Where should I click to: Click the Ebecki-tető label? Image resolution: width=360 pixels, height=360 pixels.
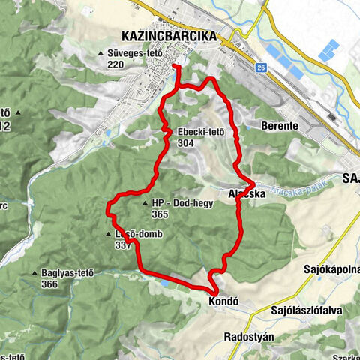[x=201, y=133]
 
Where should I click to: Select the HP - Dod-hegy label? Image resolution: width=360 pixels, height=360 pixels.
[x=178, y=203]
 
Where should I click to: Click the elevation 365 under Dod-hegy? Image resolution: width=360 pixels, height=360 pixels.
[x=159, y=214]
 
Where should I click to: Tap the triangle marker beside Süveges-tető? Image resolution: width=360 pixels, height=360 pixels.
[x=101, y=54]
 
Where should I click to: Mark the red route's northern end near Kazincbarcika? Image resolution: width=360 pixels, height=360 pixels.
[x=175, y=67]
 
